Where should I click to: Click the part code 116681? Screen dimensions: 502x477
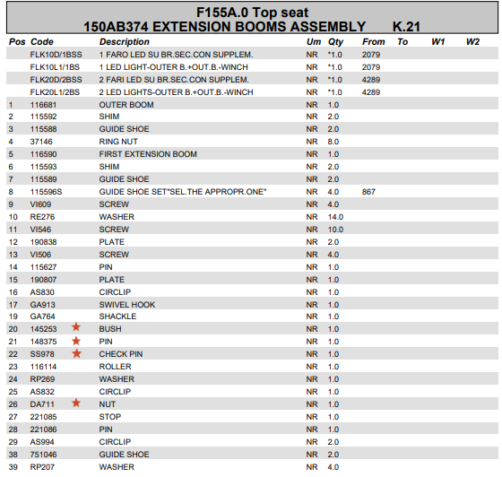point(43,105)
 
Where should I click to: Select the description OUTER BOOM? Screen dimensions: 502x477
point(125,105)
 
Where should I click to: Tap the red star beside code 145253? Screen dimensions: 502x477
point(76,329)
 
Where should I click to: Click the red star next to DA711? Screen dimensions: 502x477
point(76,403)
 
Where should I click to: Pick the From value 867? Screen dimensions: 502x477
point(368,192)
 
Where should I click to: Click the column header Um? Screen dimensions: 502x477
point(313,42)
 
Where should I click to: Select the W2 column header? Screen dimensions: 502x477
point(472,42)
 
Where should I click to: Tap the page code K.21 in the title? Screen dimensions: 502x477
point(409,27)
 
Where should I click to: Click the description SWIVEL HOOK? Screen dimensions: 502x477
point(126,304)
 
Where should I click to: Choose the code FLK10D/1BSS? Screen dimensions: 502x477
point(55,55)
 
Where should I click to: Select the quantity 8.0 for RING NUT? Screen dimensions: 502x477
point(333,142)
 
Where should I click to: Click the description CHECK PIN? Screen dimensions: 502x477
point(120,354)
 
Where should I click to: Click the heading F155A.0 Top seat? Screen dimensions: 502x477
point(250,11)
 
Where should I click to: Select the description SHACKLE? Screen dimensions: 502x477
point(117,317)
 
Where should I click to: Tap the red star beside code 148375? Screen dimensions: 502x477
point(76,342)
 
